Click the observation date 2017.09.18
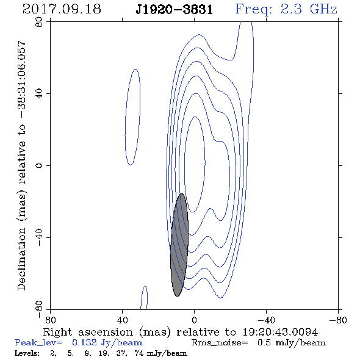coord(62,9)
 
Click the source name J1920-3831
coord(175,10)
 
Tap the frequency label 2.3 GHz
coord(309,9)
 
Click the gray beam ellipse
coord(179,245)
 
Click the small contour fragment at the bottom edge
coord(144,298)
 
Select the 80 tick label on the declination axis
coord(39,22)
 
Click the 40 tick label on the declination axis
coord(39,94)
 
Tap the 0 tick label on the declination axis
coord(39,165)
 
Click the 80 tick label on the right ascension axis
coord(50,320)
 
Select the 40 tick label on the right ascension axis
coord(122,320)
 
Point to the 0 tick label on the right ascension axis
coord(194,320)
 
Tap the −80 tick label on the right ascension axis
coord(338,320)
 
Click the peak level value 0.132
coord(84,342)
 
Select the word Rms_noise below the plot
coord(220,343)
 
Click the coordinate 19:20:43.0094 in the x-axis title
coord(280,332)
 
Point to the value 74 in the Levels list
coord(139,353)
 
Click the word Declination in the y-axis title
coord(21,259)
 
